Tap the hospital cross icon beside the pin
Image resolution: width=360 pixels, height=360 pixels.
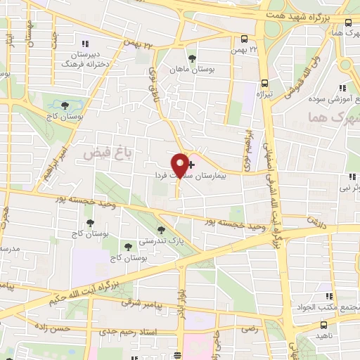[x=193, y=163]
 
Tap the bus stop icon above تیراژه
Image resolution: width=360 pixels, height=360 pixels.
[x=264, y=82]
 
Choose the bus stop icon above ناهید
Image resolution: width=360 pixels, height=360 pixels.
[x=323, y=326]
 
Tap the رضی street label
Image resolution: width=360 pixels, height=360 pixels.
[x=250, y=329]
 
